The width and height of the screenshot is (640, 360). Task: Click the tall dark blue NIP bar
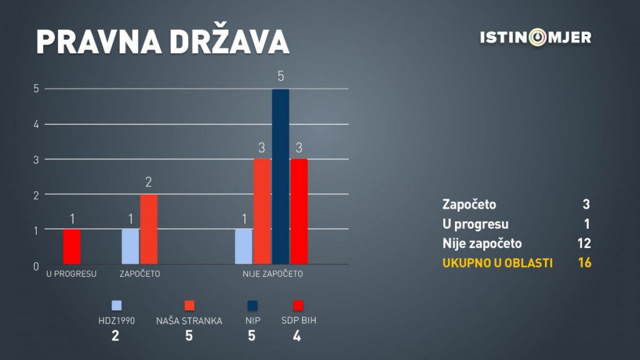[281, 177]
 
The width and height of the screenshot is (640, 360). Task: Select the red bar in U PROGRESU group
[72, 246]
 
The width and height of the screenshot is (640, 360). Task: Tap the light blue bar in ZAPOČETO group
[130, 246]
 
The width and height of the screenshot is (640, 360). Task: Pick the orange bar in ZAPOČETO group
[149, 229]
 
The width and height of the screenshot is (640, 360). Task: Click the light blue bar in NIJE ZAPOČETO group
[243, 246]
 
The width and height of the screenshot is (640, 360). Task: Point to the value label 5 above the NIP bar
[281, 76]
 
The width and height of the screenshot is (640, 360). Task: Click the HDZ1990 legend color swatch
[117, 306]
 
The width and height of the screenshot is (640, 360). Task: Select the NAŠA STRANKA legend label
[189, 321]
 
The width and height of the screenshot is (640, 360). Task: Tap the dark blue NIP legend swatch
[252, 306]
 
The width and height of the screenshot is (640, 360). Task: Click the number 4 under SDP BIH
[297, 336]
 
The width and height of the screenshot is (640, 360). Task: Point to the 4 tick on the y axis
[36, 124]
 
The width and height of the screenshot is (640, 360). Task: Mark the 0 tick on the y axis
[36, 267]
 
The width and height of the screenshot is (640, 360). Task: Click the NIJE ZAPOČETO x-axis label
[272, 274]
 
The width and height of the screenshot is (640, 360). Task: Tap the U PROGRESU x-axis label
[71, 274]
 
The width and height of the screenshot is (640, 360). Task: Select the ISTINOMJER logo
[536, 37]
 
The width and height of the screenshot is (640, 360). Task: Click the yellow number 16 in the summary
[584, 263]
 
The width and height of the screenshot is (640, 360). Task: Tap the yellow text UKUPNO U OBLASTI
[497, 263]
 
